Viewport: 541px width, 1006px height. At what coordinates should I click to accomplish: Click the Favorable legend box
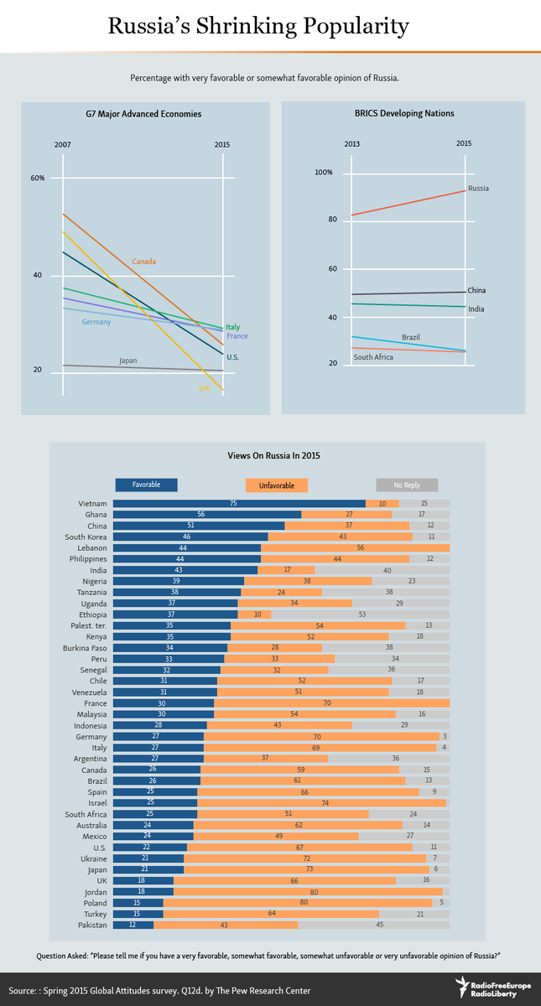[x=147, y=485]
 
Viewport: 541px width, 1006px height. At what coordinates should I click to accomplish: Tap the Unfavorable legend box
[x=276, y=485]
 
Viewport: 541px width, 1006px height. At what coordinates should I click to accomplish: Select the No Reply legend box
[x=407, y=485]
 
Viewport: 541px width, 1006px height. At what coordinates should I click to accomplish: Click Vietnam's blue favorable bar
[x=239, y=504]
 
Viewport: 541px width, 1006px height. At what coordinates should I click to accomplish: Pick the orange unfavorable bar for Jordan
[x=308, y=891]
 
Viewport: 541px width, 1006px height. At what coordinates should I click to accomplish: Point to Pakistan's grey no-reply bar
[x=374, y=925]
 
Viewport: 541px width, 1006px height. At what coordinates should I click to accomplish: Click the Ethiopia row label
[x=93, y=614]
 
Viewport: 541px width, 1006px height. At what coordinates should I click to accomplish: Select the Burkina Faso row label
[x=85, y=647]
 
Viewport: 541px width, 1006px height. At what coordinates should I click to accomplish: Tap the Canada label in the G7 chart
[x=143, y=262]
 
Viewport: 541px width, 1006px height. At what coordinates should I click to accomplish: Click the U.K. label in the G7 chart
[x=205, y=388]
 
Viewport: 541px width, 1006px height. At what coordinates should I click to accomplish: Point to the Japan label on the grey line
[x=128, y=360]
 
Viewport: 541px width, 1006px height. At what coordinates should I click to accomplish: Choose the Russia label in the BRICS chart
[x=478, y=188]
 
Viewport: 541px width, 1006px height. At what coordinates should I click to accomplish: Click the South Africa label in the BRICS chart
[x=373, y=357]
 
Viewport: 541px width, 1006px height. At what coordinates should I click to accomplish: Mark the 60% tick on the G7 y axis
[x=38, y=178]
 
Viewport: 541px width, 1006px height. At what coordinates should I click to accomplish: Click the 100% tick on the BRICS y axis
[x=324, y=172]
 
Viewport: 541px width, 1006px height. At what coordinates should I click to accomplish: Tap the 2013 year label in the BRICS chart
[x=351, y=143]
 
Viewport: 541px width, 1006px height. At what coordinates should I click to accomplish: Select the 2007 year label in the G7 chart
[x=62, y=144]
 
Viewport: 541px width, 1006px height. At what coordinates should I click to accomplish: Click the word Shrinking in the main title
[x=247, y=27]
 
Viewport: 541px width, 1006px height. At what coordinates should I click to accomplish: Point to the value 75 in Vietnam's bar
[x=233, y=504]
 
